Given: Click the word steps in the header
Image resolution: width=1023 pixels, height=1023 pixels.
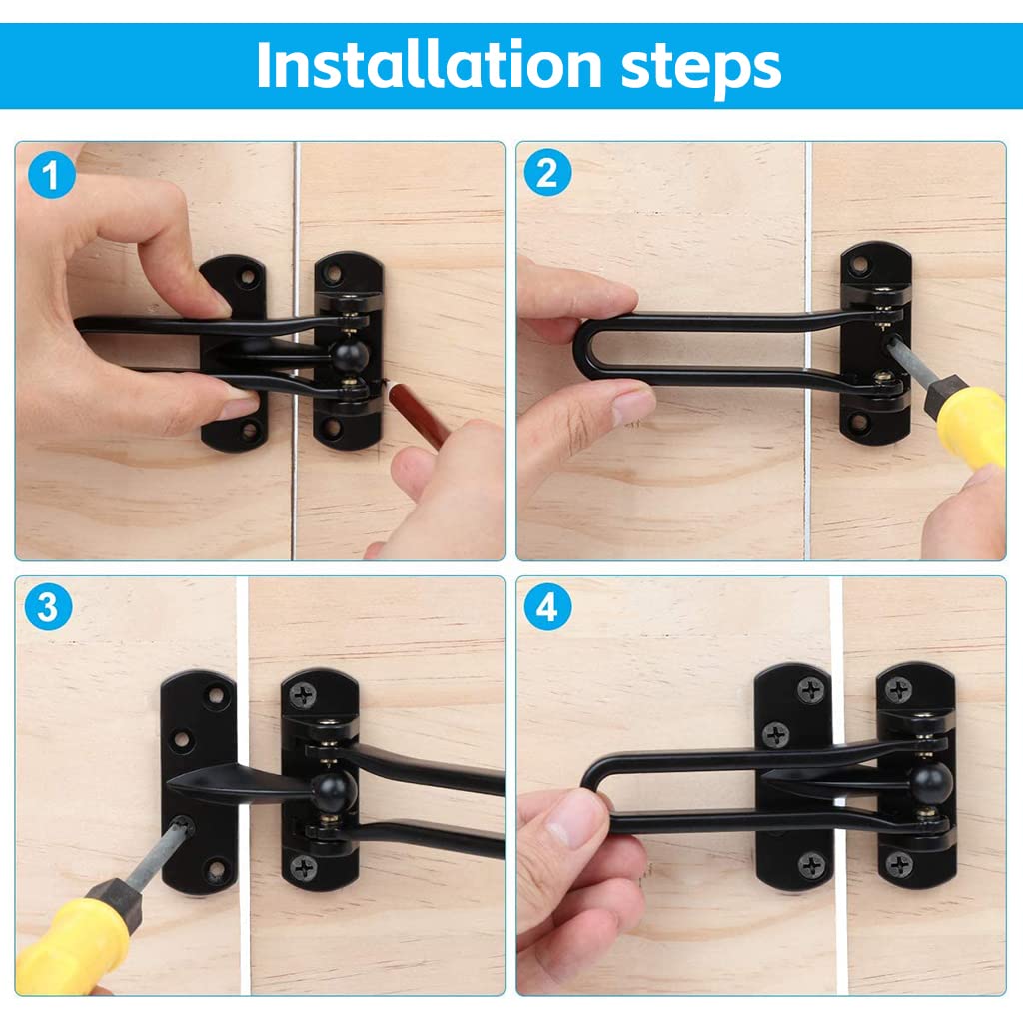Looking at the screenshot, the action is [701, 68].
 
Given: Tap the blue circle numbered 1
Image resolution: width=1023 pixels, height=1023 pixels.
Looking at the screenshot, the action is [52, 174].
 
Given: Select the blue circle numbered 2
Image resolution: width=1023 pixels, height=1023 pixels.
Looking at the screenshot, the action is [548, 172].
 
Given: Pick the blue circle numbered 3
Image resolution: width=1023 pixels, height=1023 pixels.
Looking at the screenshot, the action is [48, 607].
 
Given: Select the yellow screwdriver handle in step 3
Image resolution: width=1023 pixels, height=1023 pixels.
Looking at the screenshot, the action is [72, 940].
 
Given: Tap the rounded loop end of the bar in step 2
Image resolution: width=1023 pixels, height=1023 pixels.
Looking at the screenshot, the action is [582, 348].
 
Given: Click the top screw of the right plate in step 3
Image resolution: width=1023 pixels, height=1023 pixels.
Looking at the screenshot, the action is [304, 695].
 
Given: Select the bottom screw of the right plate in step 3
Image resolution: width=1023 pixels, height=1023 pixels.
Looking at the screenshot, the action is [304, 868].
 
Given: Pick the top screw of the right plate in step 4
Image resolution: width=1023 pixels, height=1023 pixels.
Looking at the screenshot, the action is [899, 690].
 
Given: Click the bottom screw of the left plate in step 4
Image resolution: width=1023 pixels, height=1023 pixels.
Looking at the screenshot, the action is [811, 865].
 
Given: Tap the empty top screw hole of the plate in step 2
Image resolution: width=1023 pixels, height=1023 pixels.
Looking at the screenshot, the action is [860, 264].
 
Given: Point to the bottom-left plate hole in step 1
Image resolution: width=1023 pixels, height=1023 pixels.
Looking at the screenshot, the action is [249, 431].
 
